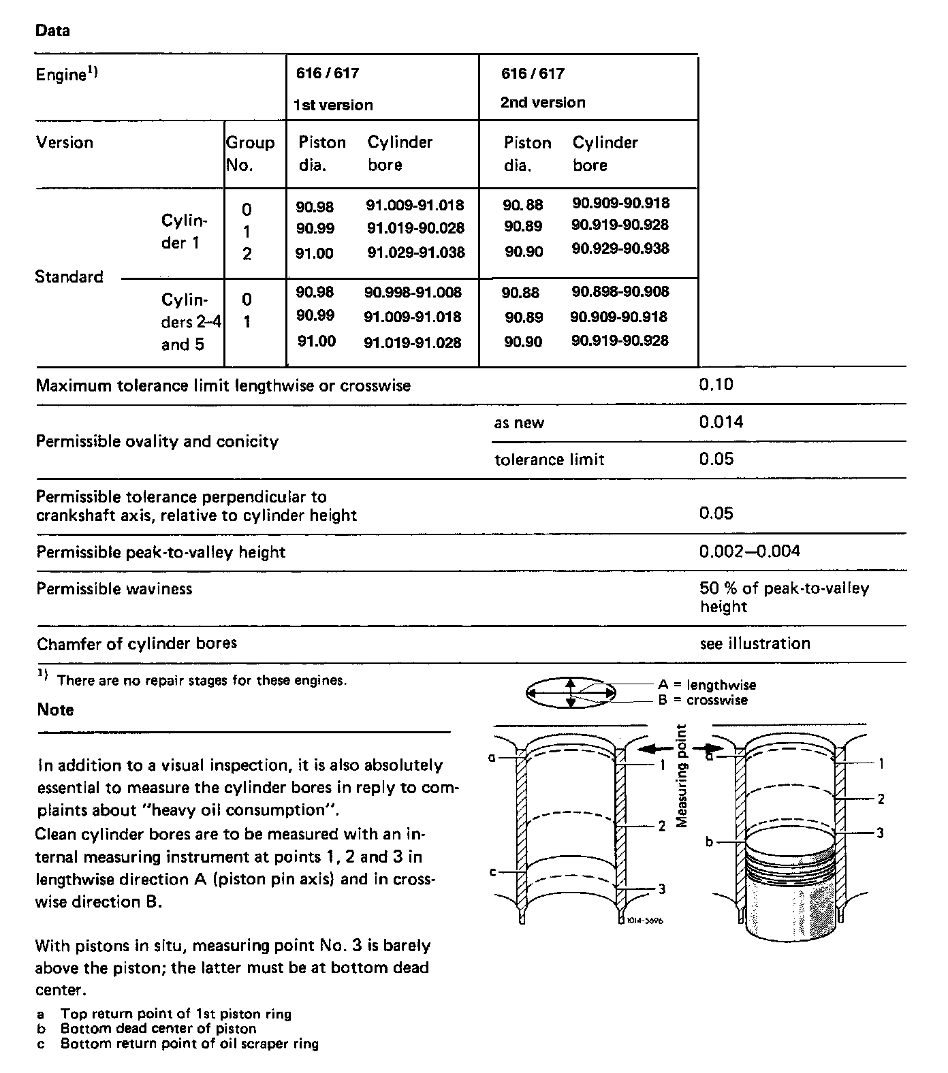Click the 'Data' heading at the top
[52, 31]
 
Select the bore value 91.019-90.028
[415, 227]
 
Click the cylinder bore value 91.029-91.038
[416, 253]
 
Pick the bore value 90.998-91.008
[413, 293]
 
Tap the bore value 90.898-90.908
[620, 292]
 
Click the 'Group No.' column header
[250, 153]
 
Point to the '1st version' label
[333, 105]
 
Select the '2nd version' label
[543, 102]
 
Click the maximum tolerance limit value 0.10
[716, 385]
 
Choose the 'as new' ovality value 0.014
[721, 422]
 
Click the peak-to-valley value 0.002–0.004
[749, 551]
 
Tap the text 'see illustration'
[755, 643]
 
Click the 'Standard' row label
[69, 276]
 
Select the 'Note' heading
[55, 709]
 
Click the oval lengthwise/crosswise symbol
[571, 693]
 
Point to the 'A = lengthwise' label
[707, 685]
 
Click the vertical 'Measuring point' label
[682, 776]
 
